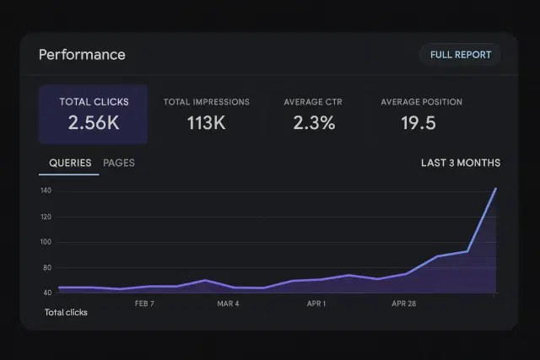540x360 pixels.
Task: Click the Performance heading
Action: coord(82,55)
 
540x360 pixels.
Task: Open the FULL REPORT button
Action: coord(460,55)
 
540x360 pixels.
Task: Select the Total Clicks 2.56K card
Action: coord(94,115)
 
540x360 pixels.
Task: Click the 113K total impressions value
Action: coord(206,123)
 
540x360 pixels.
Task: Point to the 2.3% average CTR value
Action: coord(314,123)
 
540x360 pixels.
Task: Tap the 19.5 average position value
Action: coord(418,123)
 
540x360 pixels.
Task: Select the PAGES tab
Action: coord(119,163)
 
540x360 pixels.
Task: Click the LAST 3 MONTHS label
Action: coord(460,163)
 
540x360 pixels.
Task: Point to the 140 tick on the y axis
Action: coord(46,191)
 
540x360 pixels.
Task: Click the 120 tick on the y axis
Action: coord(46,217)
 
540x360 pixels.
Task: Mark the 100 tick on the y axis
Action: coord(46,242)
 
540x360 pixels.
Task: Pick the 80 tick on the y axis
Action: coord(46,267)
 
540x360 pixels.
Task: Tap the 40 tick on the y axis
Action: coord(46,293)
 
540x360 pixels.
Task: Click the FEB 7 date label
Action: coord(145,303)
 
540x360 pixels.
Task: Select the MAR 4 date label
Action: coord(228,303)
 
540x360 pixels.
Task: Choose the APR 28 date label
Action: coord(404,303)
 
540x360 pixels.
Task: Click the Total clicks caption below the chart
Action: coord(66,313)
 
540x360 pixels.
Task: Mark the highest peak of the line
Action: coord(495,188)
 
